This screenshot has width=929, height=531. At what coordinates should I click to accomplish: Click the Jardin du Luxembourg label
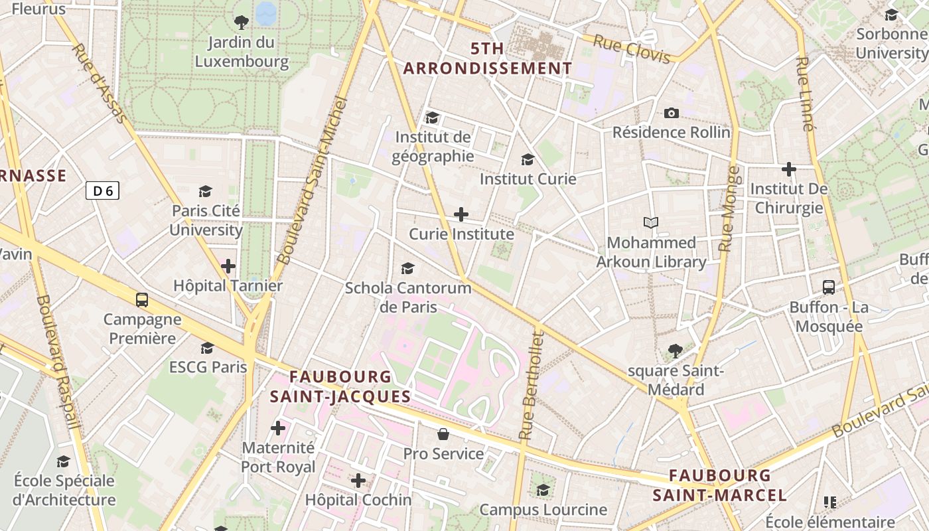point(241,52)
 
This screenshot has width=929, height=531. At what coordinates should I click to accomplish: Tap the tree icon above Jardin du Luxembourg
point(242,23)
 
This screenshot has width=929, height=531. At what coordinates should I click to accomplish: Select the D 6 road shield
point(102,191)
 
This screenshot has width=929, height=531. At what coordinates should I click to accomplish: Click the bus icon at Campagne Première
point(142,299)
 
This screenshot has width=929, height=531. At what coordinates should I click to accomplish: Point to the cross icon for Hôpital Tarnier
point(228,266)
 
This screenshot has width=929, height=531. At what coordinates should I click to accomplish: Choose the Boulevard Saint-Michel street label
point(313,181)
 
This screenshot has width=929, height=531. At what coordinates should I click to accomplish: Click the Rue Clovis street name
point(632,50)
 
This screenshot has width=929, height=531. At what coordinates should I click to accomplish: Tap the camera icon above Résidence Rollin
point(672,113)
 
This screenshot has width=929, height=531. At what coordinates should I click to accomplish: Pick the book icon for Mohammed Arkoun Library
point(651,222)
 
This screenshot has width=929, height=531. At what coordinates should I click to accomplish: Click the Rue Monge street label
point(729,208)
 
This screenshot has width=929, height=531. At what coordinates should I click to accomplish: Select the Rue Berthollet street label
point(532,385)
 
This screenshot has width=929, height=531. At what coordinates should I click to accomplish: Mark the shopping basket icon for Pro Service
point(443,434)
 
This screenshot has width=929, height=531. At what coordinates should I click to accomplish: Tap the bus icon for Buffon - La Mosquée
point(829,287)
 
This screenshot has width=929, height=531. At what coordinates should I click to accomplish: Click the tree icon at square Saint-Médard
point(676,350)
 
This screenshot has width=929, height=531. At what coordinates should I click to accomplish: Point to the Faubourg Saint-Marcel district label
point(720,485)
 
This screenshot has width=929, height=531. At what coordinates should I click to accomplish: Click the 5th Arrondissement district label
point(488,58)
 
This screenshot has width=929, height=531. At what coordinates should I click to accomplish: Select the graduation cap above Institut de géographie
point(433,117)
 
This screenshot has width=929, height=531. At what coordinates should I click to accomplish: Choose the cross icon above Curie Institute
point(461,214)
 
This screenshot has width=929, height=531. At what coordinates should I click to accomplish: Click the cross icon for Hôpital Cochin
point(358,480)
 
